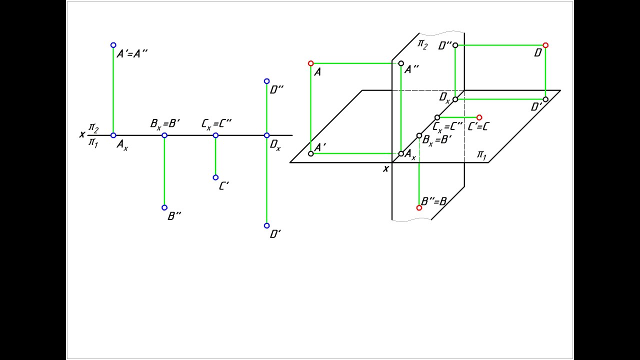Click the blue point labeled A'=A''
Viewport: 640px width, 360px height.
[x=113, y=45]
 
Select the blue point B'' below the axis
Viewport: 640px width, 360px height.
[x=164, y=207]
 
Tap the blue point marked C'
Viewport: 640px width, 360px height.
[x=215, y=177]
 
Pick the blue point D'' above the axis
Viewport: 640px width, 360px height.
[x=266, y=81]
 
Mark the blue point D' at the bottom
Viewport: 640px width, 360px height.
[x=266, y=225]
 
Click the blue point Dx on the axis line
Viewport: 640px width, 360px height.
[x=266, y=135]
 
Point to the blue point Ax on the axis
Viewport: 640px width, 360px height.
[x=113, y=135]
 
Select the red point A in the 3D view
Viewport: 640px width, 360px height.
[x=311, y=63]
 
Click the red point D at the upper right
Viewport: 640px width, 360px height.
[x=545, y=45]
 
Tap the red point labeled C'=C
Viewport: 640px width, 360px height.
[x=479, y=117]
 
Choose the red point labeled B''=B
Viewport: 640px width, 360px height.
[x=419, y=208]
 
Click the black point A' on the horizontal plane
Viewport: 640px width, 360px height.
[x=311, y=153]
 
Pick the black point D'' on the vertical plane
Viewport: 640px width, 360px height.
[x=455, y=45]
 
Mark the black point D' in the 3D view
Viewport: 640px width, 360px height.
[x=545, y=99]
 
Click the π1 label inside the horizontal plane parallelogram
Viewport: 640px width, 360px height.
[x=481, y=155]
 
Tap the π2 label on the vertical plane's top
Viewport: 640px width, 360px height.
[x=422, y=44]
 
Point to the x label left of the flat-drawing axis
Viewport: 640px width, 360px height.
[x=82, y=134]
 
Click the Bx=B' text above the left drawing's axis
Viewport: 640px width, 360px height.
[x=165, y=124]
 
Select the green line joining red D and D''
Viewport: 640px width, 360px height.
[x=500, y=45]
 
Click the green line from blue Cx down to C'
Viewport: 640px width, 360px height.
[x=215, y=156]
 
